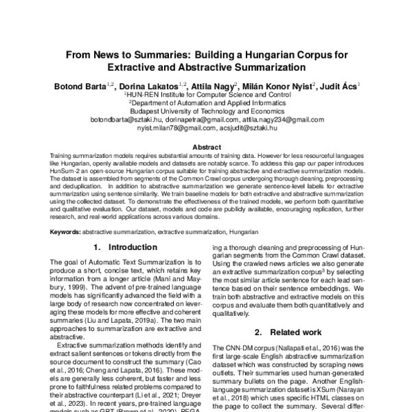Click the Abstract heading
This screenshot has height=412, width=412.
coord(206,147)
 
